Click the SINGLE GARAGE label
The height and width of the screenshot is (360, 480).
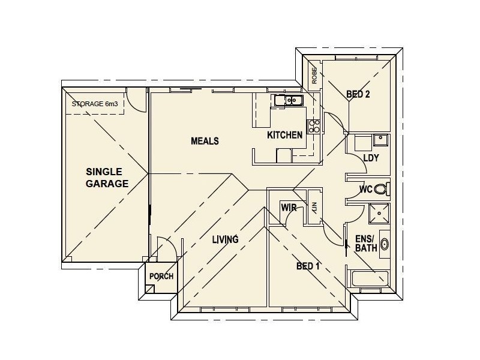(107, 178)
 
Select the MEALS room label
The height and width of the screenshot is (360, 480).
(205, 141)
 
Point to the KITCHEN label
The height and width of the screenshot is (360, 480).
(284, 135)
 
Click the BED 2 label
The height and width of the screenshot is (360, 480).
(358, 94)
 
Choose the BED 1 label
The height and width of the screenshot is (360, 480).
(308, 266)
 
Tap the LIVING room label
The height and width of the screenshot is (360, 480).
(225, 239)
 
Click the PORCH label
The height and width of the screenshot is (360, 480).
(161, 277)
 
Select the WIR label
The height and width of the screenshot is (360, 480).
(290, 208)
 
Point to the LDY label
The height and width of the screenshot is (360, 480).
(371, 158)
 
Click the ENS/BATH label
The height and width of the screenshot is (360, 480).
(366, 242)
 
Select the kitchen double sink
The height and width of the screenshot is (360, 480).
(288, 101)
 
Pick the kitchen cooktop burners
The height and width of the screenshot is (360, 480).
(314, 125)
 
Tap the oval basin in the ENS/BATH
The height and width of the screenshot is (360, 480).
(385, 244)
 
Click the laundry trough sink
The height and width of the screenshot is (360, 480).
(380, 141)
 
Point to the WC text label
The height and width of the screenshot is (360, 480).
(365, 190)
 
